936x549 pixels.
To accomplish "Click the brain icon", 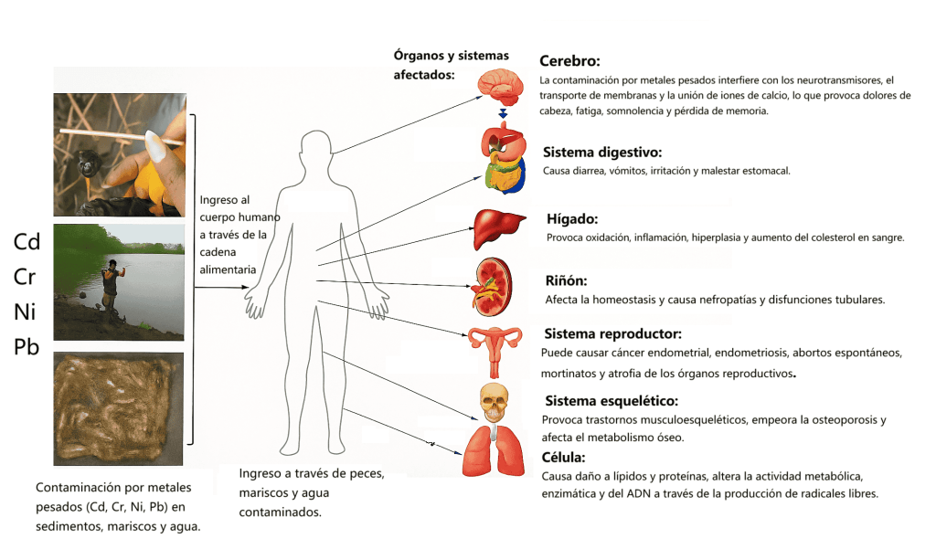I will coord(502,86).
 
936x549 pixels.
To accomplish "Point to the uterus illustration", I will coord(495,348).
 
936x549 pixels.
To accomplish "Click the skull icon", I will coord(494,403).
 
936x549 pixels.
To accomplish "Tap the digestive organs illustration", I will coord(505,160).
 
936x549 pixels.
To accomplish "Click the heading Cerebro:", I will coord(569,61).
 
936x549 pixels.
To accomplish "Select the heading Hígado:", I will coord(571,219).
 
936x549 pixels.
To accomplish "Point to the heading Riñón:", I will coord(566,280).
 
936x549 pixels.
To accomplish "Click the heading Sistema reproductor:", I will coord(612,333).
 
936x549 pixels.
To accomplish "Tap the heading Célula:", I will coord(563,457).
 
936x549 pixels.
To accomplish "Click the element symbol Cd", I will coord(27,242).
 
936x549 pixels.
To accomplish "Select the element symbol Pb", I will coord(27,347).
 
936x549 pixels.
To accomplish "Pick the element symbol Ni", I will coord(25,312).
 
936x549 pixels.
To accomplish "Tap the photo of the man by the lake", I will coord(120,282).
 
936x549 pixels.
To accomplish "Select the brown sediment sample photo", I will coord(120,408).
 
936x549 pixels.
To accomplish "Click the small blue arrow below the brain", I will coord(502,113).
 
